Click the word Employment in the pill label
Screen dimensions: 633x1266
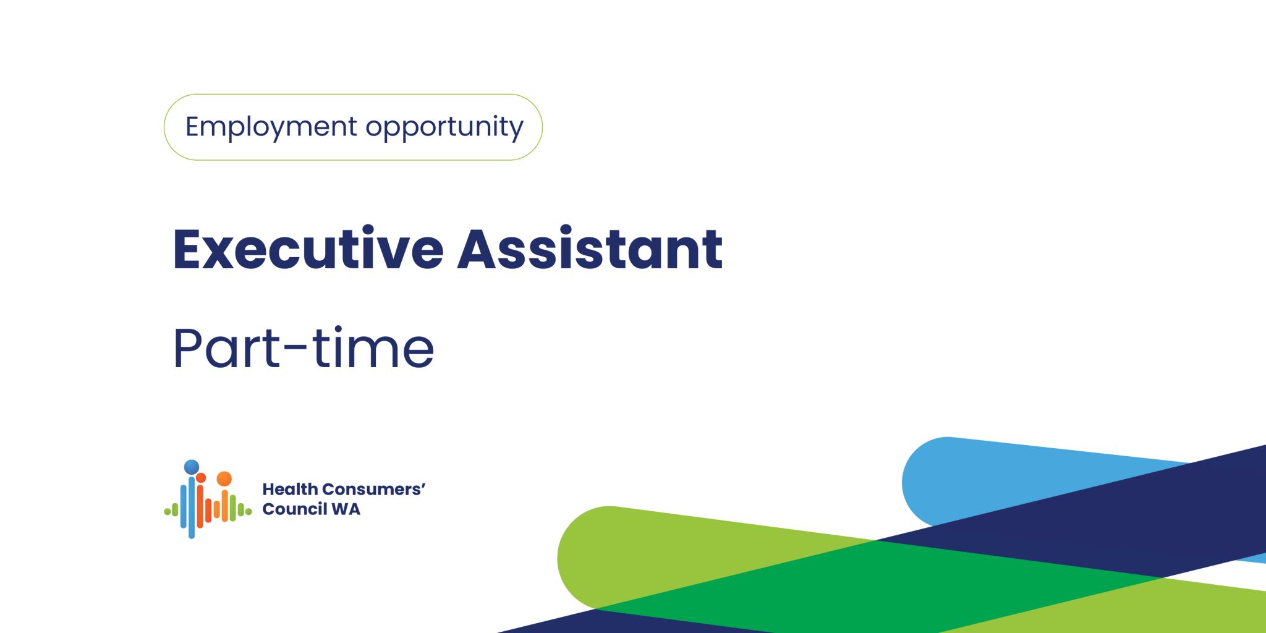click(271, 127)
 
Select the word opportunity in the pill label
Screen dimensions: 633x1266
click(444, 127)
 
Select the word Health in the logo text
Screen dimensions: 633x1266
click(290, 489)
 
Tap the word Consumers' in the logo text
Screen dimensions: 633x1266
click(374, 489)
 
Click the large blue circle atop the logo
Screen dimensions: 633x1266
click(192, 467)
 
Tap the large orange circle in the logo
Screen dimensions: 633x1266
click(224, 478)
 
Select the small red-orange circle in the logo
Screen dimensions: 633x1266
click(201, 477)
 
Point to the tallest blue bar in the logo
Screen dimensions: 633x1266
click(192, 507)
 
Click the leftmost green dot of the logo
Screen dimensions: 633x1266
click(167, 511)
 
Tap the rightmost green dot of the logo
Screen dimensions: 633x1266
click(249, 512)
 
